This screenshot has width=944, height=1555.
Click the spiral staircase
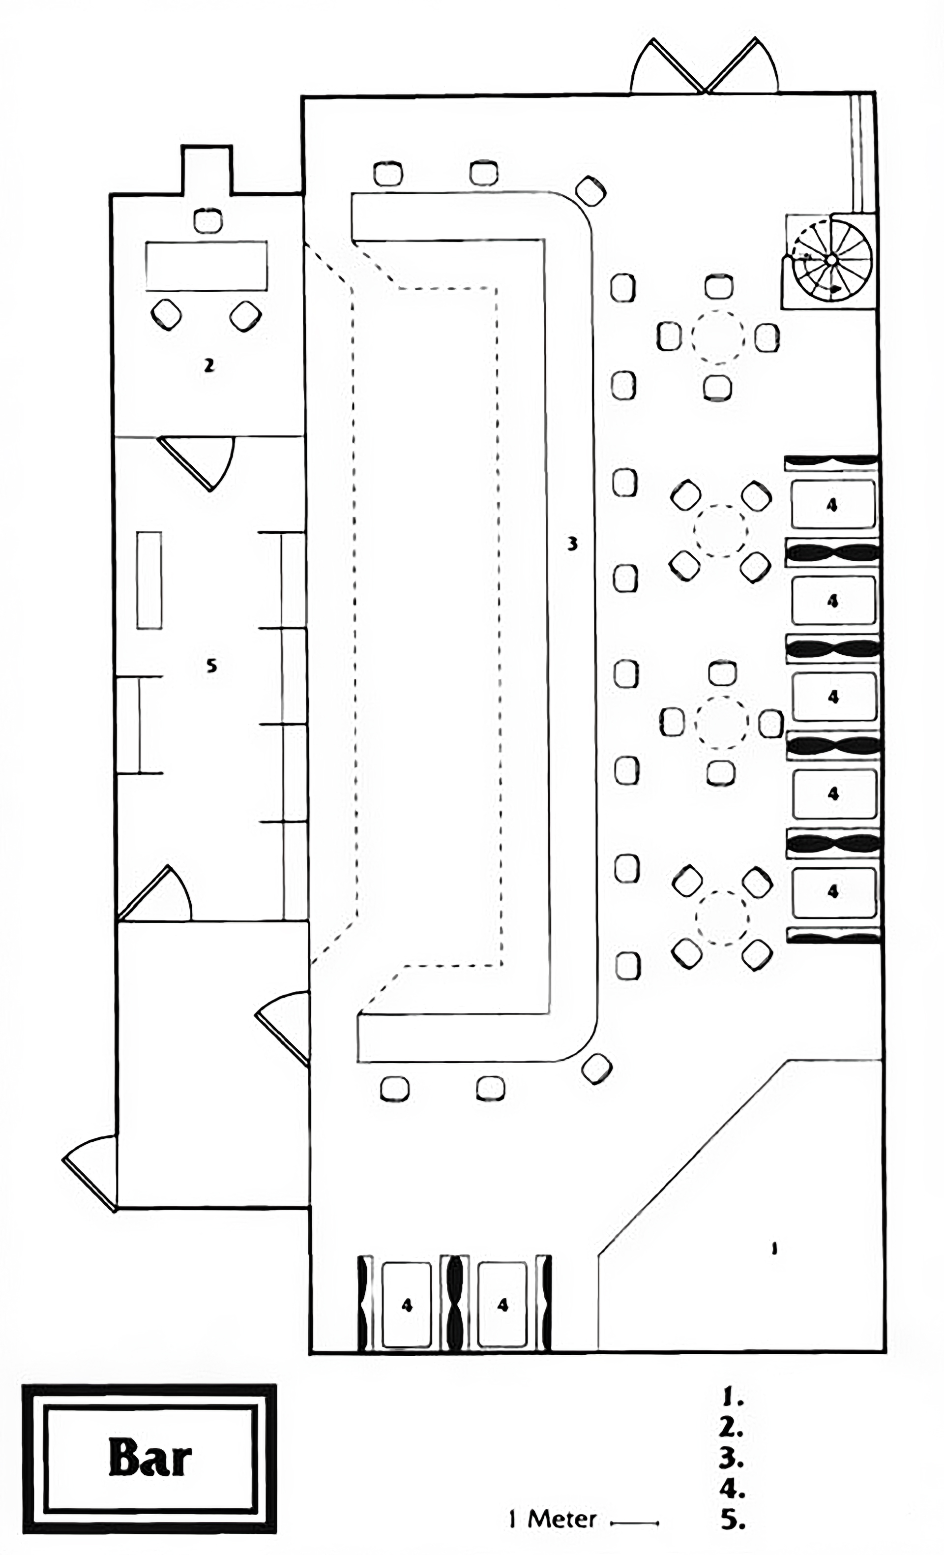click(x=831, y=260)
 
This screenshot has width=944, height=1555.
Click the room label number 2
click(x=209, y=365)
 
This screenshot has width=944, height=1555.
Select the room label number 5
click(x=211, y=665)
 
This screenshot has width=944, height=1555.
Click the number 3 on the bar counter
click(x=572, y=544)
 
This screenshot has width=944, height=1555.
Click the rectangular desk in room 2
click(x=206, y=266)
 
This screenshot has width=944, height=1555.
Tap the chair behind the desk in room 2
click(x=207, y=221)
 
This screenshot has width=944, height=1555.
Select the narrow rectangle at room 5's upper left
click(x=149, y=580)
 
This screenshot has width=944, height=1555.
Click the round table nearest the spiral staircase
click(x=718, y=337)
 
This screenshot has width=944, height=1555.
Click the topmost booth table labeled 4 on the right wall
click(x=832, y=504)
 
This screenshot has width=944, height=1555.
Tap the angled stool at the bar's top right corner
click(x=590, y=190)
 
